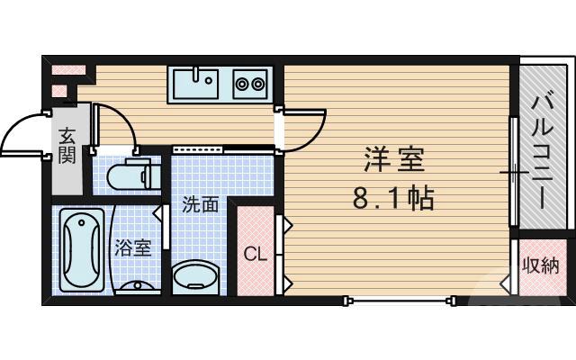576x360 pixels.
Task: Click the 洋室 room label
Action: click(x=393, y=161)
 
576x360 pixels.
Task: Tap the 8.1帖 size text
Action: click(x=393, y=198)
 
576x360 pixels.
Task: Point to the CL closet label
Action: click(x=256, y=253)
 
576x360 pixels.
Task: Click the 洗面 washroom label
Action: click(x=200, y=204)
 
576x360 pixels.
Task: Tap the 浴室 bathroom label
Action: click(x=133, y=247)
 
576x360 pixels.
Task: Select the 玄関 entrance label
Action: click(x=67, y=146)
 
